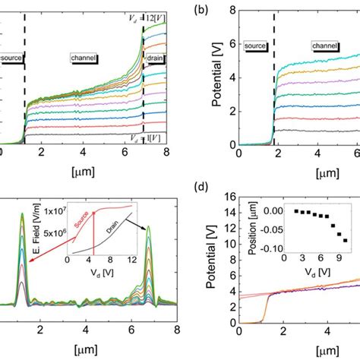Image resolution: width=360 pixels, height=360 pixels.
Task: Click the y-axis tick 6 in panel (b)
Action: (229, 46)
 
